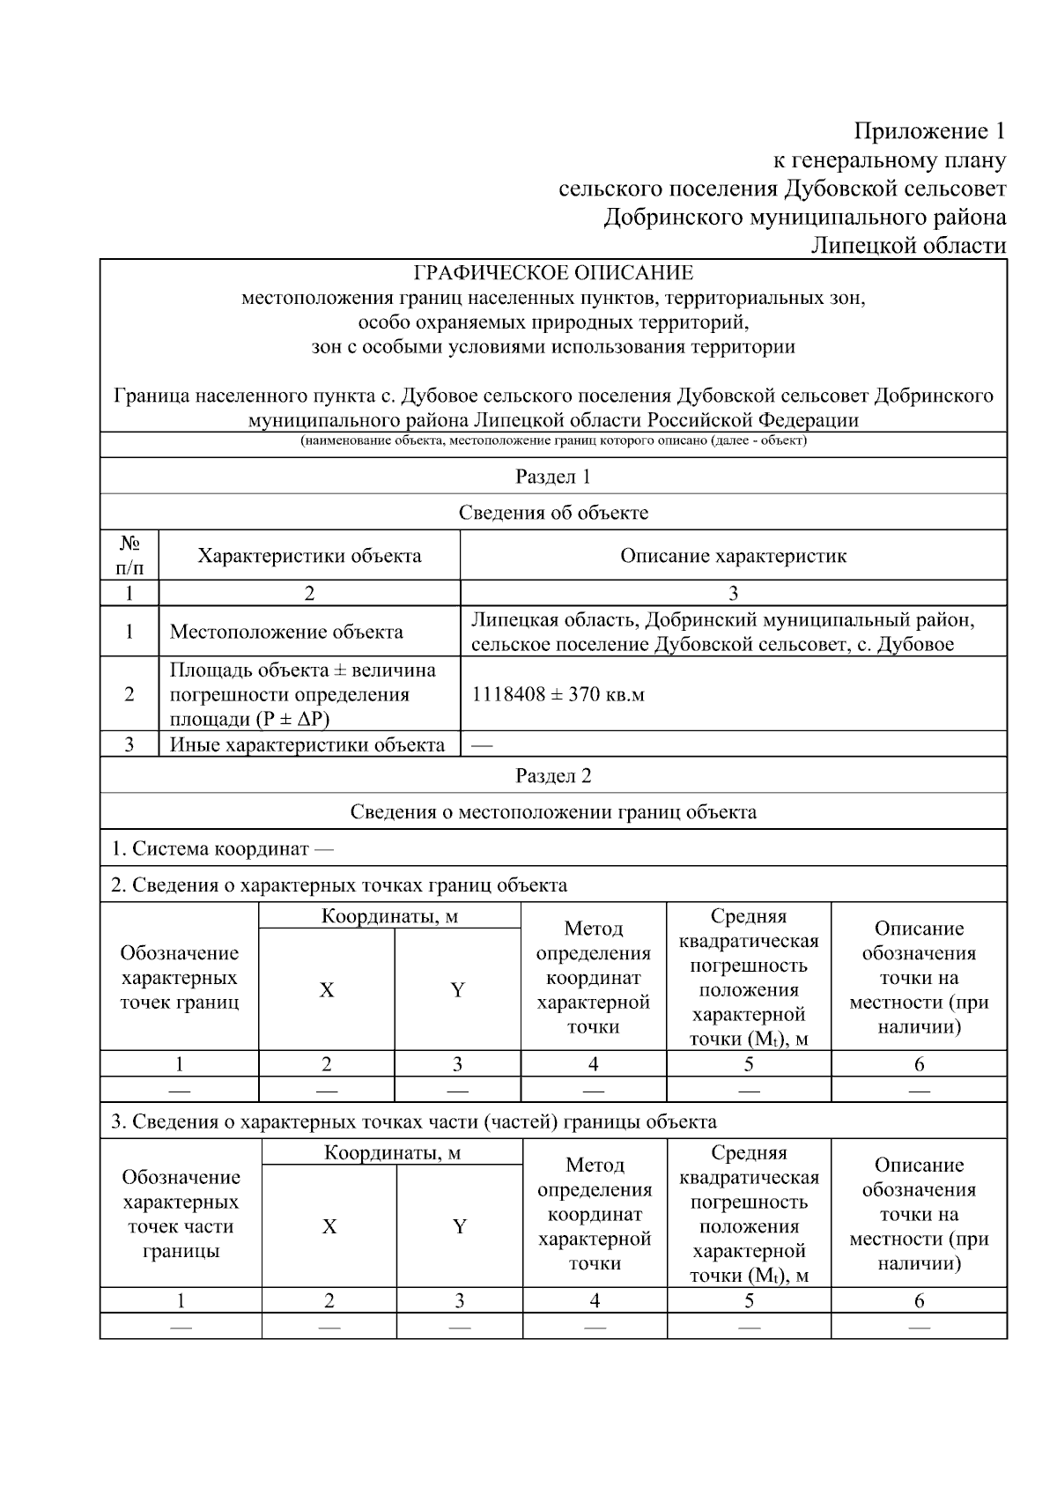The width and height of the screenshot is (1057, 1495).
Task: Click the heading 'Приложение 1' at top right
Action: click(928, 132)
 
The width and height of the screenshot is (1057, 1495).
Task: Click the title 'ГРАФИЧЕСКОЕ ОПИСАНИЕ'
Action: click(553, 273)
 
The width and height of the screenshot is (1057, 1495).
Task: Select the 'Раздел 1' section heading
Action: click(553, 477)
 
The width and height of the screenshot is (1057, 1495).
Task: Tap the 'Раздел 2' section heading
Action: click(553, 776)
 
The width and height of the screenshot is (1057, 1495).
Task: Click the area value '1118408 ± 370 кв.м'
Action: click(558, 694)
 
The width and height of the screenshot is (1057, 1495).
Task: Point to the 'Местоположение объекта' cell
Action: click(286, 632)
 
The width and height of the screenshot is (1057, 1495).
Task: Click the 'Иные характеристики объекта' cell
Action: click(307, 745)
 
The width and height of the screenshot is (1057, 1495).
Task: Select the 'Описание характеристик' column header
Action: click(733, 556)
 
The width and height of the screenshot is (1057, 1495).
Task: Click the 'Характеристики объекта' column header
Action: click(309, 556)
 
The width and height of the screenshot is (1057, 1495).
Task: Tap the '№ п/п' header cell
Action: click(129, 556)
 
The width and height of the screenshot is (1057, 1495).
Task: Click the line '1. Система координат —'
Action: click(222, 849)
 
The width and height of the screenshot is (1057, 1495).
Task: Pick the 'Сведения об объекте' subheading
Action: click(553, 513)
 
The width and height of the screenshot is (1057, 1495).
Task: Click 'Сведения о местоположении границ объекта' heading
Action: click(553, 812)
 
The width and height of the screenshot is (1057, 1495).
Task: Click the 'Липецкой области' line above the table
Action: click(907, 246)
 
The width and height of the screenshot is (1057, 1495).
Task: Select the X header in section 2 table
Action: click(327, 990)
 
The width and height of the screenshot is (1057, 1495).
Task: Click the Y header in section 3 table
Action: click(459, 1227)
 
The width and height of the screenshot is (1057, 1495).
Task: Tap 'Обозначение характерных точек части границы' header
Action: click(181, 1214)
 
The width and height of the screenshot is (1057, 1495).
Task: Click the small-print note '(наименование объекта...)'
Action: click(553, 440)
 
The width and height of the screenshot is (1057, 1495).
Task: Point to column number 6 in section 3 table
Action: click(919, 1301)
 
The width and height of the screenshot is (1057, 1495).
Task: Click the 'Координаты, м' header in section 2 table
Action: click(389, 916)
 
